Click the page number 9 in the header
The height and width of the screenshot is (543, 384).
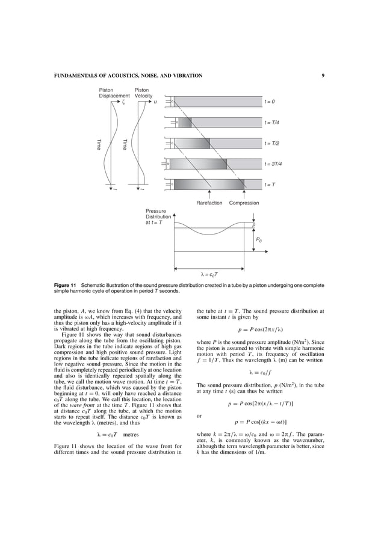[323, 76]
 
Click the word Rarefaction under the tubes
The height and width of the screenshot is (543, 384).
[209, 203]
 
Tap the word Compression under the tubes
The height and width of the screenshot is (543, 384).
[244, 203]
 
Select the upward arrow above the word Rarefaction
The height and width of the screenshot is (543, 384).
[209, 194]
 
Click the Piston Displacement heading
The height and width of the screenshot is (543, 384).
[114, 93]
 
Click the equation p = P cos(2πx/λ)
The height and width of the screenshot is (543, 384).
[261, 330]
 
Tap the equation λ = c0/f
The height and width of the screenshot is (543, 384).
[260, 371]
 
